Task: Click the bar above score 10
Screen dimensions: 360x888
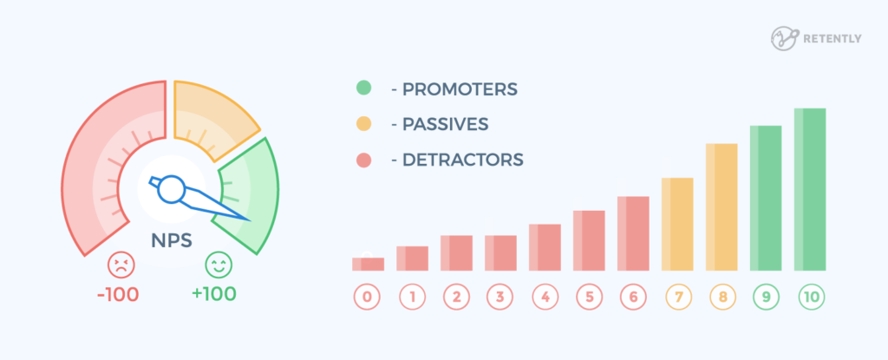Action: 809,189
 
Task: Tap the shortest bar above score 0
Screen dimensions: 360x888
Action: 367,264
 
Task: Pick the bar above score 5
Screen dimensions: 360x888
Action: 588,240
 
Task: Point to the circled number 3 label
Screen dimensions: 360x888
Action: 499,298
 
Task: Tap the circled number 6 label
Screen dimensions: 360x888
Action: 632,298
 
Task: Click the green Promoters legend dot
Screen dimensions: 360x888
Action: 363,88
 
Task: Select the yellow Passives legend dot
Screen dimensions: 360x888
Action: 363,124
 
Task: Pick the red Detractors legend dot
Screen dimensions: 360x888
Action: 363,160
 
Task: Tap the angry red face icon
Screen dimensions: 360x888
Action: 118,264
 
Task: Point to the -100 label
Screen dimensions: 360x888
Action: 118,293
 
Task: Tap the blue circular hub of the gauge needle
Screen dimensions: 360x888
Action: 171,187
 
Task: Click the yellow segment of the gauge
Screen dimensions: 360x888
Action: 212,113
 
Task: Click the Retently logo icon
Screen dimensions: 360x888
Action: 784,38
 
